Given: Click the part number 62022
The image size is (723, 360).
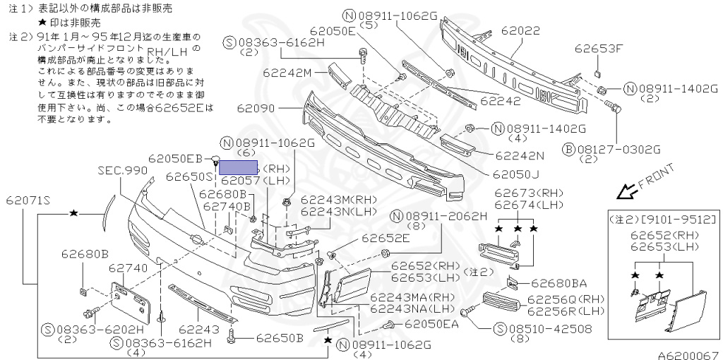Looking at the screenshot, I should [x=521, y=32].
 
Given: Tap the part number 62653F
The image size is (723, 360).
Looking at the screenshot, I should [x=599, y=49].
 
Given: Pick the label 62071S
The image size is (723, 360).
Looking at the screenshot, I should [x=30, y=200].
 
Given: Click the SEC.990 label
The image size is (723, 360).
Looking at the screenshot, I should [x=123, y=170].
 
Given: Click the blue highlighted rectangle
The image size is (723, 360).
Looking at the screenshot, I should [x=239, y=168].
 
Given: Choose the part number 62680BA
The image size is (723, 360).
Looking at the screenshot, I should [x=558, y=283].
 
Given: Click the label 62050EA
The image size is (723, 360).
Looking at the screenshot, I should [x=432, y=324].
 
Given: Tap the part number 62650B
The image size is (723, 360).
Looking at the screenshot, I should [x=280, y=337].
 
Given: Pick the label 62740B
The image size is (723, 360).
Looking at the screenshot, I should [x=227, y=206].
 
